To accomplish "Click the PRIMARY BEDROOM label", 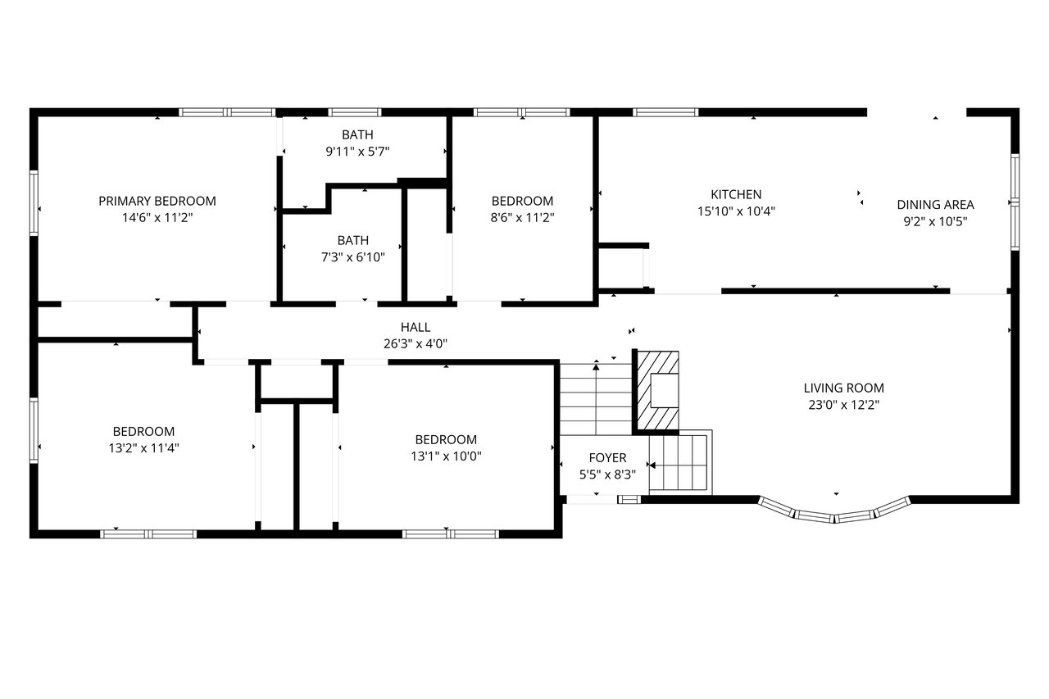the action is click(x=157, y=201).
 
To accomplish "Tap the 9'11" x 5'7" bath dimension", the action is click(x=358, y=152).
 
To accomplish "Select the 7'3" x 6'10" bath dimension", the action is click(x=353, y=257).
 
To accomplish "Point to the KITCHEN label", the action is click(x=736, y=194).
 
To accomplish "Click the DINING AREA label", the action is click(x=936, y=205).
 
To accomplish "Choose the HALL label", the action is click(x=416, y=327).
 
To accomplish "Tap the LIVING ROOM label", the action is click(x=844, y=388).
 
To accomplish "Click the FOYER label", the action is click(x=608, y=458).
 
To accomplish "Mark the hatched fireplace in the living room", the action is click(x=658, y=390).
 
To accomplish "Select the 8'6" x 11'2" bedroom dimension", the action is click(x=523, y=218).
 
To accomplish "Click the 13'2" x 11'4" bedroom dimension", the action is click(x=144, y=448).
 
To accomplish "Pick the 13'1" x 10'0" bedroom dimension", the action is click(x=447, y=456).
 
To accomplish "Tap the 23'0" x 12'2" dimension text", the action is click(x=844, y=405).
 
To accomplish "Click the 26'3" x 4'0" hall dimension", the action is click(x=416, y=344).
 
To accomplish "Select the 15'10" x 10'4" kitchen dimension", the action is click(x=736, y=211).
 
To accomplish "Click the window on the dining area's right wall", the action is click(x=1015, y=202).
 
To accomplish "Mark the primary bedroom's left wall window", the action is click(x=34, y=203).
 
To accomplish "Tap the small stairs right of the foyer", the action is click(x=680, y=462).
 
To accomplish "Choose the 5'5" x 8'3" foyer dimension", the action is click(x=608, y=474).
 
